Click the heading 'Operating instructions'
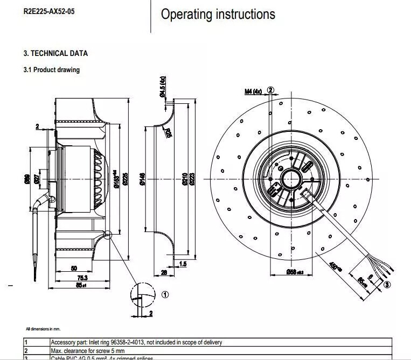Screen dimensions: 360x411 point(218,15)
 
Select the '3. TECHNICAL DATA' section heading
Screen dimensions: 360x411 point(55,53)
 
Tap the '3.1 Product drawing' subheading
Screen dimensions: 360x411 point(51,69)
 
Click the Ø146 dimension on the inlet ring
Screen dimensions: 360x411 point(142,179)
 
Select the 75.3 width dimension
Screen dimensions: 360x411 point(81,277)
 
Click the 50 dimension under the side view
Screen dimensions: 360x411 point(74,268)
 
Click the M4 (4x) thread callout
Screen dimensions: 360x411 point(253,91)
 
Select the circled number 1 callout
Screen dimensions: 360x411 point(165,294)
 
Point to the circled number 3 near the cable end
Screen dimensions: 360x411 point(387,285)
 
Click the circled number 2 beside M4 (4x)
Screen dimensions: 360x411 point(270,90)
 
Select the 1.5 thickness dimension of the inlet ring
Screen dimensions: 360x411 point(183,264)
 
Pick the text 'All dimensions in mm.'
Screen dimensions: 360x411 point(43,328)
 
